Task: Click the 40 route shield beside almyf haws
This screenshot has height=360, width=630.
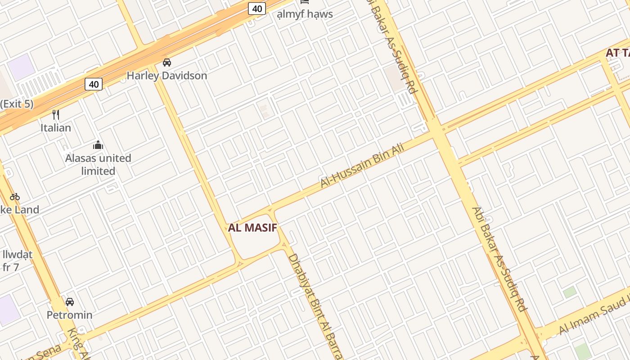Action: [x=257, y=9]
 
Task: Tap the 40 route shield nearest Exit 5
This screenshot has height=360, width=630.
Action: [x=94, y=84]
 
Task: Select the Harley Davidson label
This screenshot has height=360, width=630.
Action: [x=167, y=76]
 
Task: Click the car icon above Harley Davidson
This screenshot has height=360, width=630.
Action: [x=167, y=63]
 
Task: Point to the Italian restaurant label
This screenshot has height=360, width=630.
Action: [x=56, y=128]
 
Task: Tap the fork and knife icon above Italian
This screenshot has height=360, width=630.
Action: [x=56, y=115]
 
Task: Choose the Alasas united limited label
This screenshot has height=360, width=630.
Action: [x=98, y=165]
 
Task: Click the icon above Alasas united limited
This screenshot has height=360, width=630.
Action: [x=98, y=145]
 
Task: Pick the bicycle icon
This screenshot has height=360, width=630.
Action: [x=15, y=197]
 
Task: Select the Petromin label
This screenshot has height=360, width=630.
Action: [x=70, y=315]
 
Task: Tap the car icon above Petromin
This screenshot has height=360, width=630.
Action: [x=70, y=301]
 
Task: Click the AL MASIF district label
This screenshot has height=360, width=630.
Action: [x=252, y=228]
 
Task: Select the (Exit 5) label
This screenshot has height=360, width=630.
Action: [x=17, y=104]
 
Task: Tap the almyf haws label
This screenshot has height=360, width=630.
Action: [x=305, y=14]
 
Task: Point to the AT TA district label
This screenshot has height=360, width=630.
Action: [x=617, y=53]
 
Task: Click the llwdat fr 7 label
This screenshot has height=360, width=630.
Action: [x=17, y=261]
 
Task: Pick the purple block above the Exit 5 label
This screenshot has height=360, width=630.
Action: [x=21, y=67]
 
